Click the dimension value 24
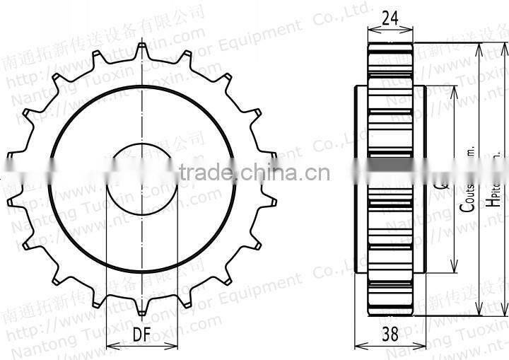click(390, 19)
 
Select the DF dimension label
click(141, 336)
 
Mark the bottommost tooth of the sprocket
click(142, 310)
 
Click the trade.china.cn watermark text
click(255, 172)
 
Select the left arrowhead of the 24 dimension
click(370, 30)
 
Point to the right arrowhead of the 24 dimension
click(411, 30)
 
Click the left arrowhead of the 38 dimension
click(356, 347)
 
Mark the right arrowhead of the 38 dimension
click(424, 347)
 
